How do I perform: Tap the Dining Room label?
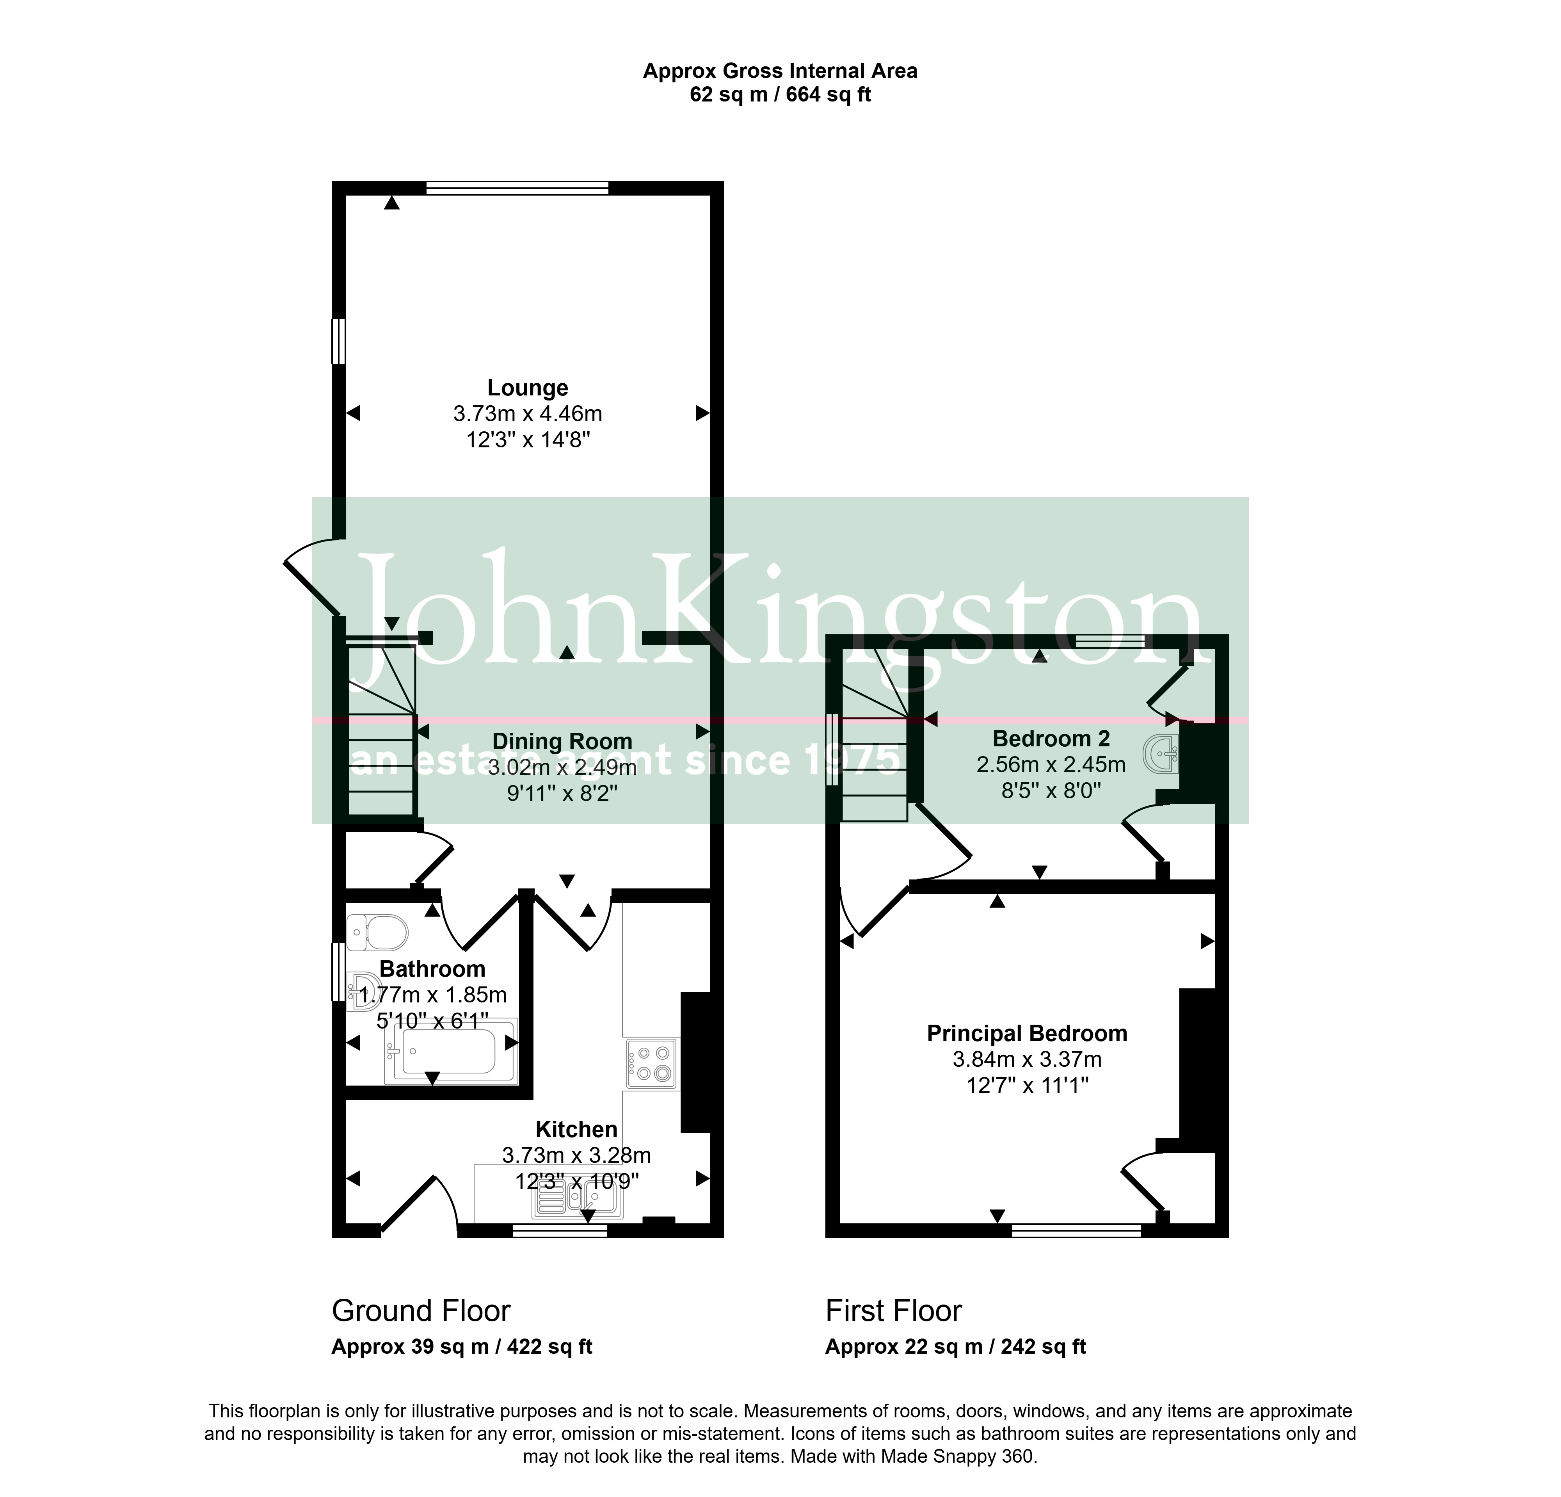[562, 742]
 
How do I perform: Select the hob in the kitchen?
[651, 1064]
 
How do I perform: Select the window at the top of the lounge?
[518, 188]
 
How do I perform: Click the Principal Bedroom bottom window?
[1076, 1231]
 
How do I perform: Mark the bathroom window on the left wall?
[338, 971]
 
